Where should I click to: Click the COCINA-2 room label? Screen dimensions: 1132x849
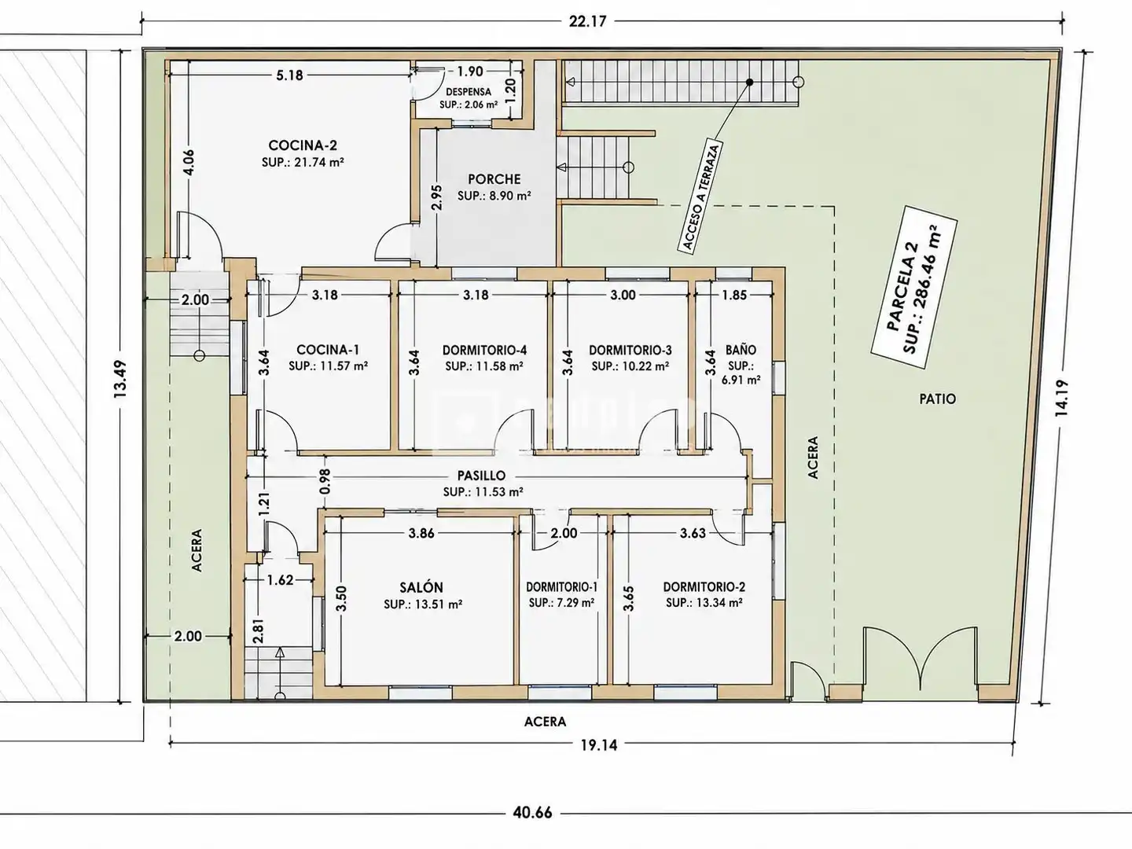303,145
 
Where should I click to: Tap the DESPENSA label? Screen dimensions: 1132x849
469,92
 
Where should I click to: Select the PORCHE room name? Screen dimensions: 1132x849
494,179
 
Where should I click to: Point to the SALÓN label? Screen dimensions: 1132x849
421,587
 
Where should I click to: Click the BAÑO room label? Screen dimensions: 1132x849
741,350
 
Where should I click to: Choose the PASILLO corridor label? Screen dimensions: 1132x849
482,476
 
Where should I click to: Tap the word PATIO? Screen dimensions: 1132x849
938,399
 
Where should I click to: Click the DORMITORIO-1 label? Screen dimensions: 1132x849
561,586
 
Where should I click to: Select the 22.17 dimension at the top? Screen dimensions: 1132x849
587,21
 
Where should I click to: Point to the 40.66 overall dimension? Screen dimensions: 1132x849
532,813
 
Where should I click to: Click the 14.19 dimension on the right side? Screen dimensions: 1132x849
1061,398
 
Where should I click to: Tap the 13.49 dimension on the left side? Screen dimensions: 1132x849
121,378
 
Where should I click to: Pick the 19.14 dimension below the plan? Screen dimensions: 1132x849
598,745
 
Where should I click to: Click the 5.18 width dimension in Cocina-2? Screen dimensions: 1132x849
289,75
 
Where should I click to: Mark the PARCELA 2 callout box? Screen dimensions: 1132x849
913,287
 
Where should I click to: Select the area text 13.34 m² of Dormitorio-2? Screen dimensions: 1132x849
715,603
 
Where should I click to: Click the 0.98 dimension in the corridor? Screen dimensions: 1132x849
325,481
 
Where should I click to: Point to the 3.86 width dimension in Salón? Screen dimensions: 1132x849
421,533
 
